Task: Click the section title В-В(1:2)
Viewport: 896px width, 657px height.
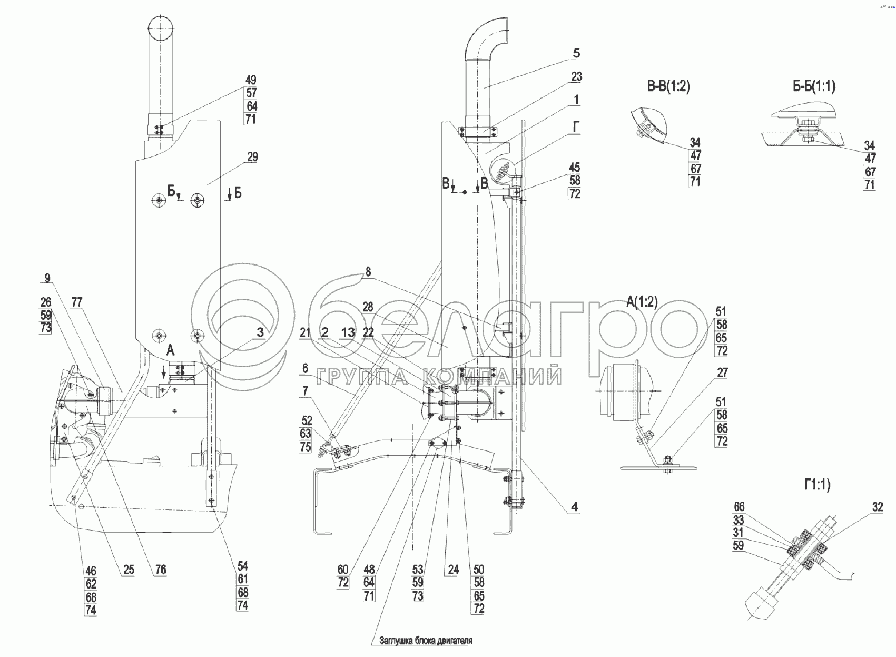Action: (x=668, y=86)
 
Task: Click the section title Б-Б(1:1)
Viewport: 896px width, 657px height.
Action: (x=814, y=86)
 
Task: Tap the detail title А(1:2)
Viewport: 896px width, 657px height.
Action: (x=642, y=302)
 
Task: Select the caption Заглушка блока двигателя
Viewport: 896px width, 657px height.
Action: (x=426, y=641)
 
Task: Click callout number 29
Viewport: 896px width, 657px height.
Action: (x=252, y=157)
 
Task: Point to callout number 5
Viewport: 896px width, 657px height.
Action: (x=576, y=53)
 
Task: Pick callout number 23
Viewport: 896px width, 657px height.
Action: (x=576, y=77)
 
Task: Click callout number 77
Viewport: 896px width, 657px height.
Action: (x=77, y=302)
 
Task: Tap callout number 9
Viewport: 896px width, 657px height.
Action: (x=47, y=278)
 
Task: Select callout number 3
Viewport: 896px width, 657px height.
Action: (x=260, y=332)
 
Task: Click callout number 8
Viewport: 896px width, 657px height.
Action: (x=368, y=272)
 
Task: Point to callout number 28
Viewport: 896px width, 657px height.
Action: (x=368, y=307)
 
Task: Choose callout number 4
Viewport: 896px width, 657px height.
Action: (x=575, y=507)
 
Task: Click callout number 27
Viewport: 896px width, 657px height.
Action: (x=722, y=372)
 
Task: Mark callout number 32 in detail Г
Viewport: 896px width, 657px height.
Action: (x=877, y=507)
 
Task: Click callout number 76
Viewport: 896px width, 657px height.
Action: (x=161, y=570)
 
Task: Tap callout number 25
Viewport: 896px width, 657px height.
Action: (x=129, y=570)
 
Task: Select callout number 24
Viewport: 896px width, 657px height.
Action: (x=453, y=570)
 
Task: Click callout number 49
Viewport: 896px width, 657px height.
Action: (x=251, y=80)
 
